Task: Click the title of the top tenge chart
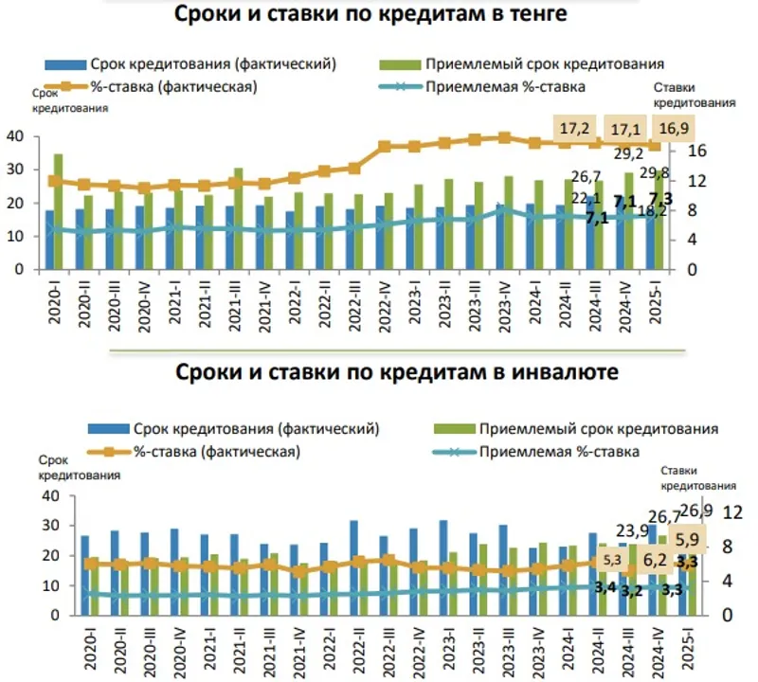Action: (371, 16)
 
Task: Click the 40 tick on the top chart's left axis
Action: (14, 136)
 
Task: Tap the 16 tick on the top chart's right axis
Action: (695, 151)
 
